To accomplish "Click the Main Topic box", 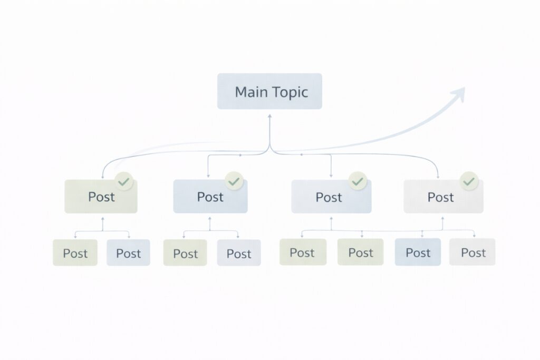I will (x=269, y=91).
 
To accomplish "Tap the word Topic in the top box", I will (x=290, y=92).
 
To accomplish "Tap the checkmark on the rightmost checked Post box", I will (x=468, y=182).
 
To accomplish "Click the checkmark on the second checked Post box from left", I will (x=234, y=181).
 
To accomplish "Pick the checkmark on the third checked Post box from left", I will (x=358, y=181).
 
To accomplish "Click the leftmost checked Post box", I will (x=101, y=197).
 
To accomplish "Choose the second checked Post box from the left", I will (x=210, y=197).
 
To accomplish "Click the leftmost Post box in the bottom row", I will (x=75, y=252).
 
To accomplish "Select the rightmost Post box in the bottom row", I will (x=472, y=252).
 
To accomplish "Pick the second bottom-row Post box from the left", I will (x=128, y=252).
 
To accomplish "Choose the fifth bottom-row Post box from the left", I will (x=303, y=252).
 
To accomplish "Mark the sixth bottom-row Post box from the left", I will (x=360, y=252).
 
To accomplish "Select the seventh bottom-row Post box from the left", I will (x=418, y=252).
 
